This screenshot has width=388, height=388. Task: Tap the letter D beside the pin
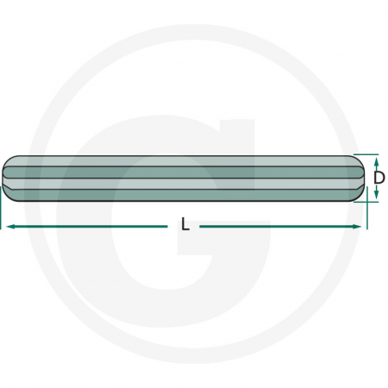pyautogui.click(x=379, y=178)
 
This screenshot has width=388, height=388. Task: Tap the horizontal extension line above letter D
pyautogui.click(x=369, y=155)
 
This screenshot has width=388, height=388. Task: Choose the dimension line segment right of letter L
pyautogui.click(x=276, y=226)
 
